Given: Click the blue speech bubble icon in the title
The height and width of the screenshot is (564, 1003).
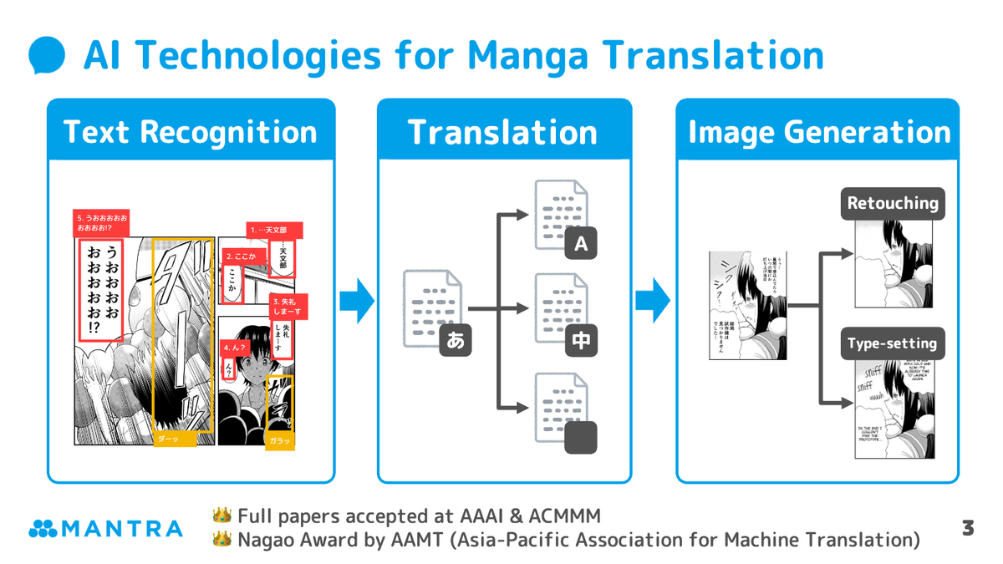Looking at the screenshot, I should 47,56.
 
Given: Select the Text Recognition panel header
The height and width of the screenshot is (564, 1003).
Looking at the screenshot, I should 191,132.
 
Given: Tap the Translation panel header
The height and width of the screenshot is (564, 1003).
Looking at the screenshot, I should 503,132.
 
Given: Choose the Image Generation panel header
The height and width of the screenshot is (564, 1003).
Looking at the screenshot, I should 818,132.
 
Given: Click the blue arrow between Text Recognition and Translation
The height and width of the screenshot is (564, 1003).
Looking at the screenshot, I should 357,301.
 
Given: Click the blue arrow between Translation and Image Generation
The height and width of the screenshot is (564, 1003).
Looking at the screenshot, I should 653,301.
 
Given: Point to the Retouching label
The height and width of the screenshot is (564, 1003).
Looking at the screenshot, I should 893,203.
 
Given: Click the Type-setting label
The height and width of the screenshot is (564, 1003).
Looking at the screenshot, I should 893,343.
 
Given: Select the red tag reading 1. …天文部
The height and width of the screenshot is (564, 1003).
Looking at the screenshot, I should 273,230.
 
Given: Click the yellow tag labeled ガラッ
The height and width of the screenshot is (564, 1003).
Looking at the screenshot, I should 280,440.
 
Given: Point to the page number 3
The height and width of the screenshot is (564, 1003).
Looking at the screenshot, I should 968,528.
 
